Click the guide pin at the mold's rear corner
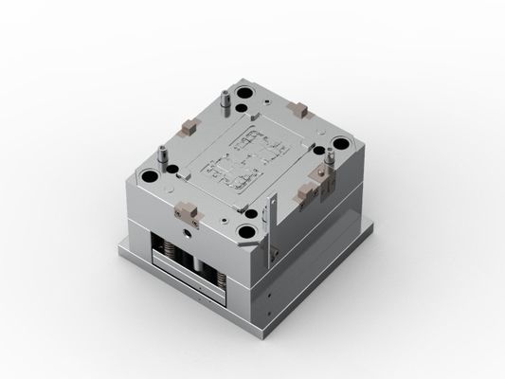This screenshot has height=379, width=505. [225, 99]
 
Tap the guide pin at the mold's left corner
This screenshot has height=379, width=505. [163, 153]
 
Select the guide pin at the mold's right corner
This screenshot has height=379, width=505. [329, 163]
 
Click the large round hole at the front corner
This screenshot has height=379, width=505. [249, 228]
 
